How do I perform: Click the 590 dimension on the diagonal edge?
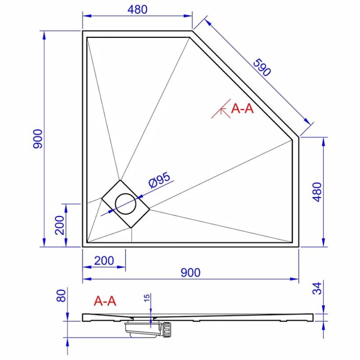[x=262, y=67]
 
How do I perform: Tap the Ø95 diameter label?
[x=160, y=180]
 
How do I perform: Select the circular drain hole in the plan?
[x=126, y=204]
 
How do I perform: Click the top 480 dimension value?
[x=138, y=9]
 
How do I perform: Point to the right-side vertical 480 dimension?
[x=318, y=192]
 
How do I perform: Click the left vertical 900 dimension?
[x=38, y=139]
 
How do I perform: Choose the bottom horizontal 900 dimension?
[x=190, y=273]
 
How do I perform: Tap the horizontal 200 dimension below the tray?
[x=104, y=261]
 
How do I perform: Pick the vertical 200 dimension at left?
[x=60, y=225]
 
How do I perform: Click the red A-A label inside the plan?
[x=243, y=108]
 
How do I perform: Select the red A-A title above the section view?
[x=105, y=301]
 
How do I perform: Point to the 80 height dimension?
[x=61, y=296]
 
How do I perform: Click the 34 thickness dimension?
[x=317, y=288]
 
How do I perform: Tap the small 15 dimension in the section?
[x=147, y=297]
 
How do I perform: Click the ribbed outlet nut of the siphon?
[x=166, y=329]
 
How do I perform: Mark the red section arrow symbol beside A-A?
[x=221, y=109]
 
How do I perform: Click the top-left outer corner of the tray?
[x=83, y=31]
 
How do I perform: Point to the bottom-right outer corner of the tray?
[x=299, y=247]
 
